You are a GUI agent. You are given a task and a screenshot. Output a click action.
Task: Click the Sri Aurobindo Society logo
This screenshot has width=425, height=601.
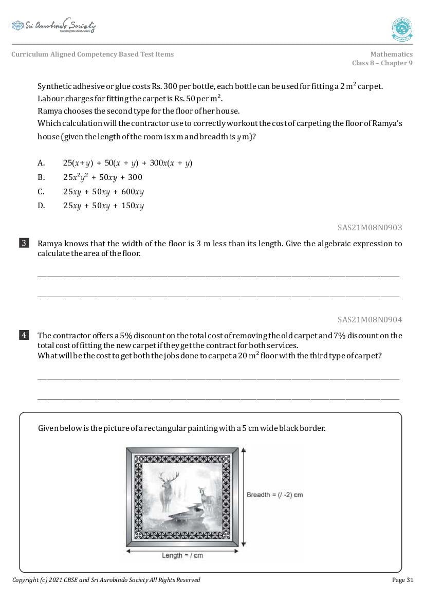point(53,26)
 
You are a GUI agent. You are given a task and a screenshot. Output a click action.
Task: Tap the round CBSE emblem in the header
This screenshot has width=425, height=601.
point(402,29)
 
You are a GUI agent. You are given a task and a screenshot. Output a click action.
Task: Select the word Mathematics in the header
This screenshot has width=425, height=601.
point(391,54)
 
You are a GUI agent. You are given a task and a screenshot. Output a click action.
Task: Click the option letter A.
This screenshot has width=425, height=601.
point(41,163)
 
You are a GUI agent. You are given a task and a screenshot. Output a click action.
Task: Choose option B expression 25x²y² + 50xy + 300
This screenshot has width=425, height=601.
point(102,177)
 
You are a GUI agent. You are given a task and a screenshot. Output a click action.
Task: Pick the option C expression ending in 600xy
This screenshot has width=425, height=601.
point(103,192)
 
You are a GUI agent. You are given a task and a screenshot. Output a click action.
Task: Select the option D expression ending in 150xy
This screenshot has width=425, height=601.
point(103,206)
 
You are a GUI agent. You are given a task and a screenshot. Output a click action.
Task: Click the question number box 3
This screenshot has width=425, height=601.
point(24,243)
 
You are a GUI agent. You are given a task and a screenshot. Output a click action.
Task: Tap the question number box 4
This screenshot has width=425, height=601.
point(24,335)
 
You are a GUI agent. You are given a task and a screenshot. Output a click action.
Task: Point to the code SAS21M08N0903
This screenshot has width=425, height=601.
point(369,227)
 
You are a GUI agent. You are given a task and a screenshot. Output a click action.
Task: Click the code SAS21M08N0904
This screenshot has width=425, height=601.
point(369,319)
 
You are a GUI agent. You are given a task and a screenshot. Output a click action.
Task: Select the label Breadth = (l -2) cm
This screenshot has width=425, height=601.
point(274,495)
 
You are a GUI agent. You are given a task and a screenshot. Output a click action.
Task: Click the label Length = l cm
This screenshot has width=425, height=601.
point(182,555)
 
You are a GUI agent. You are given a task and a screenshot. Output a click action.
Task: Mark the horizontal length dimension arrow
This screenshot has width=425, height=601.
point(154,551)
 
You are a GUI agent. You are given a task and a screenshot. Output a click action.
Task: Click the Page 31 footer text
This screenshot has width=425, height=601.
point(402,580)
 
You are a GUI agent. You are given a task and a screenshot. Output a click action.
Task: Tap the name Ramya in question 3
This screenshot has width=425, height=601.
point(50,244)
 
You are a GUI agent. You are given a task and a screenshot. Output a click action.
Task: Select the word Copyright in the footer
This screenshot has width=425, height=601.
point(25,580)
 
